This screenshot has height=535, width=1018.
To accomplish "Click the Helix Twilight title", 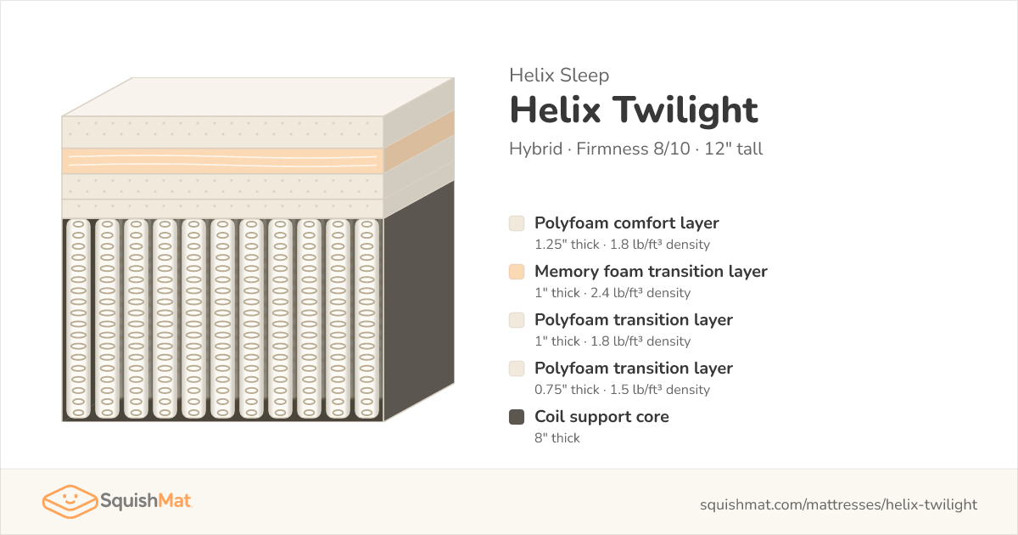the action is (x=634, y=110).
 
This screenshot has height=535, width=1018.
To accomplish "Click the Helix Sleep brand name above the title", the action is (x=559, y=75).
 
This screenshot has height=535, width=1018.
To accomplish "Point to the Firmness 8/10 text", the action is (x=633, y=149).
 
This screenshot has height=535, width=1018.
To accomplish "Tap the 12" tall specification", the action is (x=734, y=149).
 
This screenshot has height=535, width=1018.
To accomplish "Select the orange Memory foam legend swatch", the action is (x=517, y=272).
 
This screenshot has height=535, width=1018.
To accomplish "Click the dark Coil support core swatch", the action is (x=517, y=417).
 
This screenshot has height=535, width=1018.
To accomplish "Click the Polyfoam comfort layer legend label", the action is (x=627, y=223).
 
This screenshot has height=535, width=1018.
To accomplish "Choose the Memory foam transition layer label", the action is (x=651, y=272).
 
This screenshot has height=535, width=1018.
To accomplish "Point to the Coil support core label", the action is (x=601, y=417).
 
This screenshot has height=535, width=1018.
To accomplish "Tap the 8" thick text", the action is (x=557, y=437).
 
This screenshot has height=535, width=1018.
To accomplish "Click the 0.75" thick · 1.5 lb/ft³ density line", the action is (x=622, y=390).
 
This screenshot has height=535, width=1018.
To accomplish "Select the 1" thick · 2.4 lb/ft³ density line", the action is (x=612, y=292).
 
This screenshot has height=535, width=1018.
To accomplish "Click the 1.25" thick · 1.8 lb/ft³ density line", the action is (x=622, y=245).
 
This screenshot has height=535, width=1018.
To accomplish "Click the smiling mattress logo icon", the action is (x=70, y=501).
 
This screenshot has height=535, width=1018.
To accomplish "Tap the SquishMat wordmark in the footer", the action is (x=146, y=501).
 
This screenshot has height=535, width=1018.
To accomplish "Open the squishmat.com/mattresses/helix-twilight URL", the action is (x=838, y=504).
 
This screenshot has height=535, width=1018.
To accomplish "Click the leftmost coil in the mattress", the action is (x=78, y=319).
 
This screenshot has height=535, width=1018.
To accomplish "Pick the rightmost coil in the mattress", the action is (x=366, y=319).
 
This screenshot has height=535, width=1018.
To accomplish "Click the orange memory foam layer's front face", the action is (x=222, y=160).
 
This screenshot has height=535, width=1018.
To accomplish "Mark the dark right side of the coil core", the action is (x=419, y=301).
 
